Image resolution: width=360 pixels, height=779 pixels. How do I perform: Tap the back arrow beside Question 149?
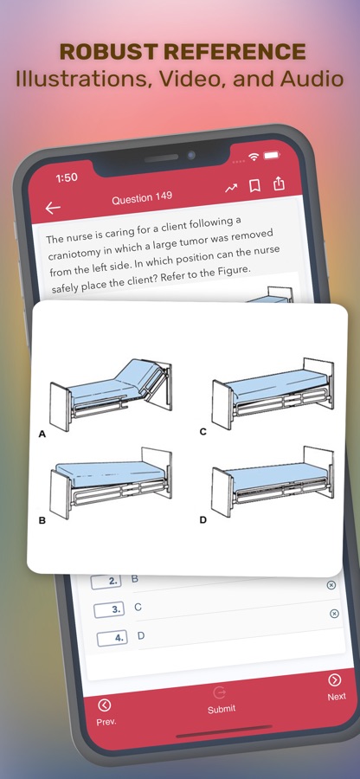point(53,208)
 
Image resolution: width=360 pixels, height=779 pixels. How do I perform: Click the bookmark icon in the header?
point(255,186)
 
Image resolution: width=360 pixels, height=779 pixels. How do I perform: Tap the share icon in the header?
point(279,183)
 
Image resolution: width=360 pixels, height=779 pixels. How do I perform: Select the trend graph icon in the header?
point(231,189)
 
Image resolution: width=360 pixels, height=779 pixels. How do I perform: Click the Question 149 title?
point(142,198)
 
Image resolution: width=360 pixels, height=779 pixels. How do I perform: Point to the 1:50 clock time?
point(67,177)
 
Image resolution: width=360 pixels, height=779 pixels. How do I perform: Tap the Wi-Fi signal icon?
point(254,157)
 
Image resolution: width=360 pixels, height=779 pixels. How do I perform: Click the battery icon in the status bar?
point(272,156)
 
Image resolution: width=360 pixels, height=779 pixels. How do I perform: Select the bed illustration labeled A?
point(112,392)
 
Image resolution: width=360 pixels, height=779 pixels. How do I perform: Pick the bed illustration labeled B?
point(112,482)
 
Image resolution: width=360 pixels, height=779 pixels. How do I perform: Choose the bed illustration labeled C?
point(273,392)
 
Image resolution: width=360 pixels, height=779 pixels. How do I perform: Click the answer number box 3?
point(109,609)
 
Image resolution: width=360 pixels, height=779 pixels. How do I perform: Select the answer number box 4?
point(112,638)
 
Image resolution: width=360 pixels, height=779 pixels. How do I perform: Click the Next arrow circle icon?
point(335,679)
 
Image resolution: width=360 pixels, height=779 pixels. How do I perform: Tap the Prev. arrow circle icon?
point(105,705)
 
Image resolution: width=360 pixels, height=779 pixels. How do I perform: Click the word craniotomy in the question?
point(74,254)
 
